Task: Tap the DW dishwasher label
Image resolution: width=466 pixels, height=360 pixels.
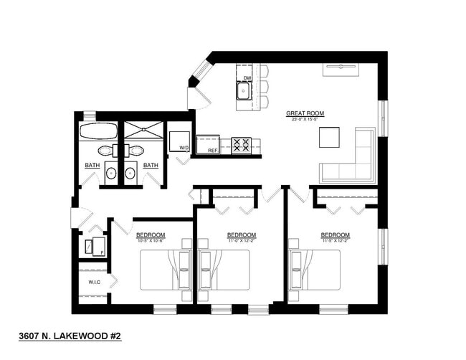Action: [x=247, y=77]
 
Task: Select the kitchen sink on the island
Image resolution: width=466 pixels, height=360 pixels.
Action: [x=244, y=91]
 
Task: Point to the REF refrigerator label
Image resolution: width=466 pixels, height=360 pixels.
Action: [x=212, y=151]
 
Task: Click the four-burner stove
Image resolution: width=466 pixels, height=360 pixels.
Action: [x=241, y=146]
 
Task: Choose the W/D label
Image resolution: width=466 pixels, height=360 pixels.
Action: [x=184, y=148]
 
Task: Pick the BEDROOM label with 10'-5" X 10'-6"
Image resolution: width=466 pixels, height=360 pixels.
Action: [x=151, y=235]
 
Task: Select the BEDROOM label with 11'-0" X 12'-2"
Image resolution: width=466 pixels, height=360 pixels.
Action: [x=242, y=235]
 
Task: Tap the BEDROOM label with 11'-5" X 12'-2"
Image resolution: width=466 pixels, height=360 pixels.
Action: [x=335, y=235]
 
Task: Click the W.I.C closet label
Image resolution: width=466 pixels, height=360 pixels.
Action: [x=94, y=283]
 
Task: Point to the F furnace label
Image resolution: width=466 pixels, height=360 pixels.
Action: [x=103, y=252]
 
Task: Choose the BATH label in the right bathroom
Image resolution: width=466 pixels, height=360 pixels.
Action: [x=150, y=166]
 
